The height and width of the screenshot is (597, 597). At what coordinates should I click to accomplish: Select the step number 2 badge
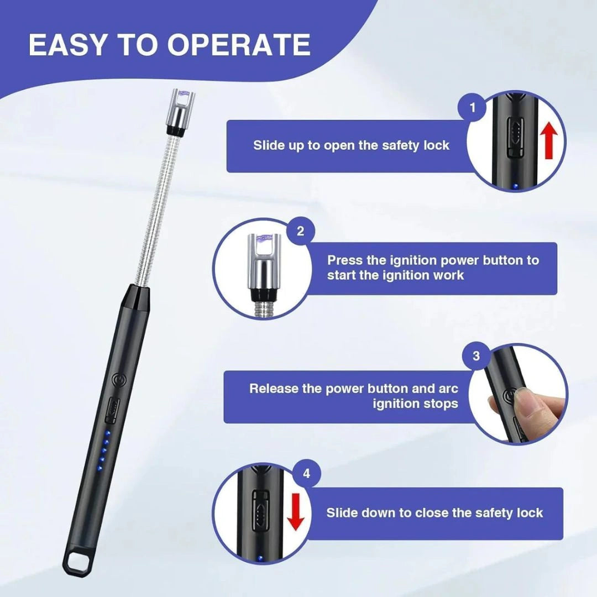click(300, 231)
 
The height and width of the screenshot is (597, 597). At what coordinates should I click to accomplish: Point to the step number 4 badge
click(307, 474)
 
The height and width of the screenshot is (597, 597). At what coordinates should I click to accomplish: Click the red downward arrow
click(297, 512)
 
